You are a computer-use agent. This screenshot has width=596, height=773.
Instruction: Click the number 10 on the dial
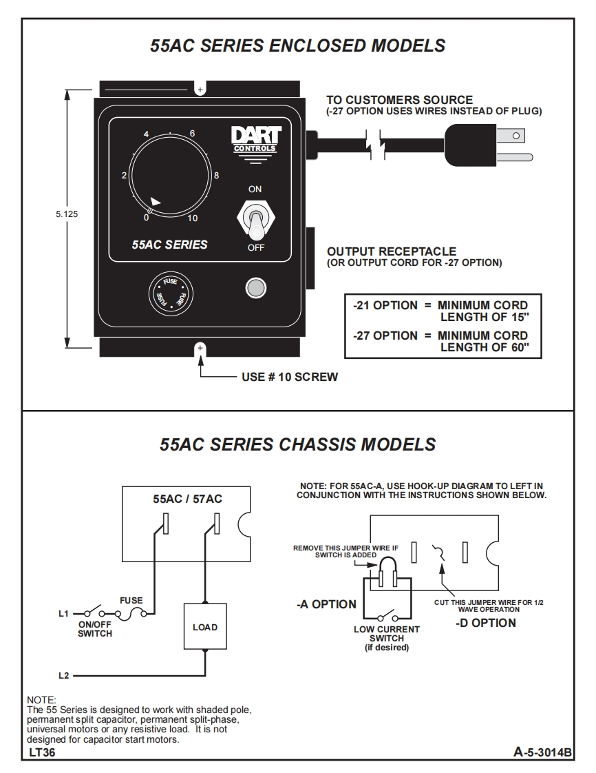tap(193, 218)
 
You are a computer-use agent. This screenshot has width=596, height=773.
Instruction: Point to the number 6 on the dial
tap(192, 133)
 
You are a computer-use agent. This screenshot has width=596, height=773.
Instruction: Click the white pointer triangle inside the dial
tap(156, 201)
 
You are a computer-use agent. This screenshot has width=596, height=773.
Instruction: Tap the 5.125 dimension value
tap(67, 214)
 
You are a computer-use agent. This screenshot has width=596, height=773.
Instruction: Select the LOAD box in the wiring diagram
tap(204, 627)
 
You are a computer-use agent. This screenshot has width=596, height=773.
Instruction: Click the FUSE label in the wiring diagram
tap(131, 601)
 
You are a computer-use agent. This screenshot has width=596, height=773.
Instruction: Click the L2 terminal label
tap(63, 676)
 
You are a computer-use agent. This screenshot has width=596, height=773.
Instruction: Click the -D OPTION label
tap(485, 623)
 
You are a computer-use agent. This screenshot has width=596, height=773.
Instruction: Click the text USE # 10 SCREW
tap(289, 378)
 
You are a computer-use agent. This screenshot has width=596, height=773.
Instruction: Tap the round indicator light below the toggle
tap(255, 287)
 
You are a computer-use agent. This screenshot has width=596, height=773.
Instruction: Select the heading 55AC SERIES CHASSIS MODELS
tap(297, 444)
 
